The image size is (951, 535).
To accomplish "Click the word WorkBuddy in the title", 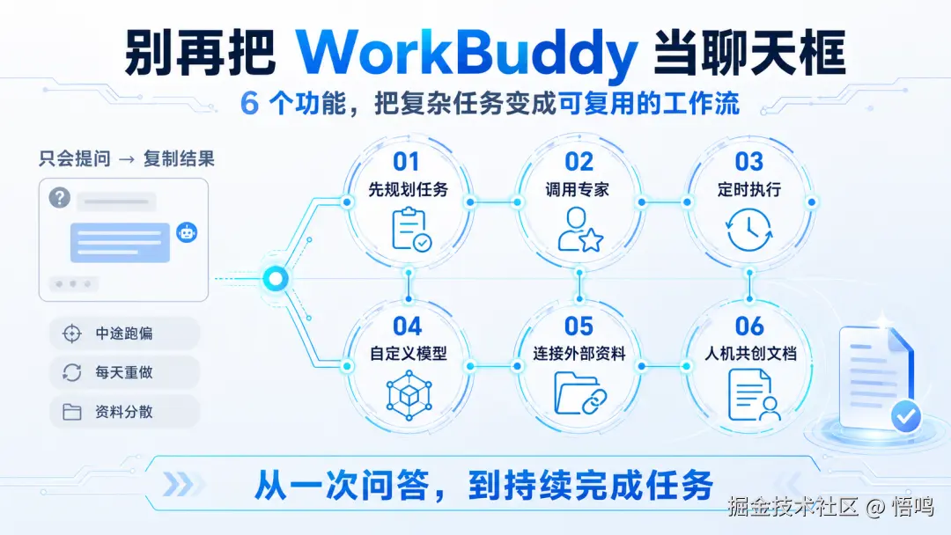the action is coord(467,54).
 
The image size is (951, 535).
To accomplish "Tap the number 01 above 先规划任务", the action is coord(406,162).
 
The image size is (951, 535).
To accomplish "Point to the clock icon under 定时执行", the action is coord(749,230).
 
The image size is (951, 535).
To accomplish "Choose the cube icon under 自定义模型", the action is coord(409,395).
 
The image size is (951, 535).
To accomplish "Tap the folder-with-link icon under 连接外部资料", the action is coord(580,394).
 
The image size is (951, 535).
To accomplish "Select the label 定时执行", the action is coord(749,190).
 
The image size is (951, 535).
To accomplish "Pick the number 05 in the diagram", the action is coord(579,326).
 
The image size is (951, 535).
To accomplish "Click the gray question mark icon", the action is coord(60,197).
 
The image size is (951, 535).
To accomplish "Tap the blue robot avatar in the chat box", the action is coord(187,232).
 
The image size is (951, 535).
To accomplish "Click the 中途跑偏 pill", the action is coord(124,333).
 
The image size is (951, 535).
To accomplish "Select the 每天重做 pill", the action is coord(124,372).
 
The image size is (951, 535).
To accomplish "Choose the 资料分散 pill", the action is coord(124,412).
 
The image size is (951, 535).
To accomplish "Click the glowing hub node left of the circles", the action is coord(276,279).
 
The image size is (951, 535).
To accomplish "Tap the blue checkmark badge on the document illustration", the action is coord(906,416).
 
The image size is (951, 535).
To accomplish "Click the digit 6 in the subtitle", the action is coord(249,104).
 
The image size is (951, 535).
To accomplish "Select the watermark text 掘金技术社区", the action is coord(792,507).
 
